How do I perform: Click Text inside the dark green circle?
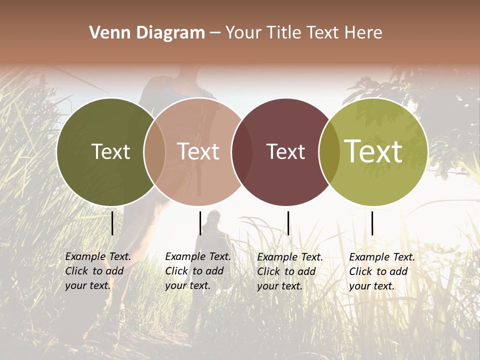point(110,151)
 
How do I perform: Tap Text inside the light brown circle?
point(198,151)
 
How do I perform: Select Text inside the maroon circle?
point(285,151)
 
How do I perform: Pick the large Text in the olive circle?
point(373,151)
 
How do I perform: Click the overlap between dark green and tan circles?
point(154,152)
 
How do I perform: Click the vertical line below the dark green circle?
point(112,223)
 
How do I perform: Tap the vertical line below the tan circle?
point(200,223)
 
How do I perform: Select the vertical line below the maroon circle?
point(288,223)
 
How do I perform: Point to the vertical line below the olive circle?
point(372,223)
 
